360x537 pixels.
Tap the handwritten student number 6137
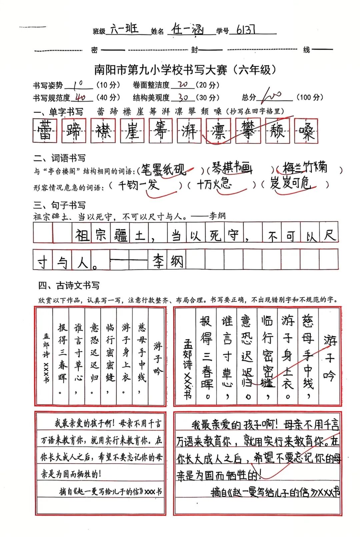click(x=246, y=30)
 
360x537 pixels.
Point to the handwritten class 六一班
click(x=124, y=29)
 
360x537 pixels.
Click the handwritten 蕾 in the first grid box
click(x=45, y=131)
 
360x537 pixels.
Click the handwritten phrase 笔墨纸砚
click(x=163, y=170)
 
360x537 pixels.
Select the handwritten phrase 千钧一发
click(x=139, y=185)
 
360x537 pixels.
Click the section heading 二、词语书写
click(x=59, y=158)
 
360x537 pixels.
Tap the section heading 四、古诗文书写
click(x=69, y=286)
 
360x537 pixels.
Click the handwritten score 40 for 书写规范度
click(x=80, y=98)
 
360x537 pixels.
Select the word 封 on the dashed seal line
click(x=194, y=50)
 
